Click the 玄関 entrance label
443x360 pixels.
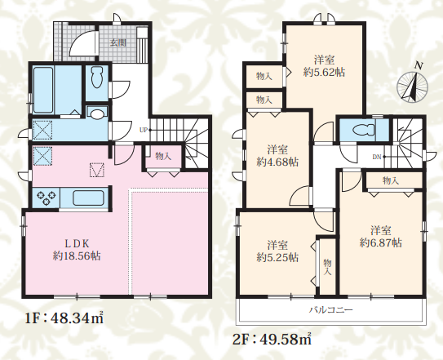tap(118, 43)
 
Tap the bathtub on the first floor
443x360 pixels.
tap(43, 90)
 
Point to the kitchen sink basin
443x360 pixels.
tap(89, 198)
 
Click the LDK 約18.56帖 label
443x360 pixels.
tap(77, 250)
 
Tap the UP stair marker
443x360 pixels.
tap(144, 130)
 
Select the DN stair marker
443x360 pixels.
tap(377, 157)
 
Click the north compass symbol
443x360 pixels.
tap(413, 84)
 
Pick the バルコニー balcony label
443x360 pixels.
tap(330, 310)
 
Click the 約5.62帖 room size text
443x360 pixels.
tap(325, 73)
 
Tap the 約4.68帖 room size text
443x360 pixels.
tap(277, 162)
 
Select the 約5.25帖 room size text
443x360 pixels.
tap(277, 258)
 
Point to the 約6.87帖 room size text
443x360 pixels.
tap(380, 243)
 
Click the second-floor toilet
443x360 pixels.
tap(364, 131)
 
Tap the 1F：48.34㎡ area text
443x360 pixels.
tap(64, 318)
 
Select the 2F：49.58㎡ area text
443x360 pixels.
tap(272, 339)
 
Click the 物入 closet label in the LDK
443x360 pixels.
tap(163, 156)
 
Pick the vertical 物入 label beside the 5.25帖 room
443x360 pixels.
tap(327, 267)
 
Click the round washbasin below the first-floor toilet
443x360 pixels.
tap(96, 113)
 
